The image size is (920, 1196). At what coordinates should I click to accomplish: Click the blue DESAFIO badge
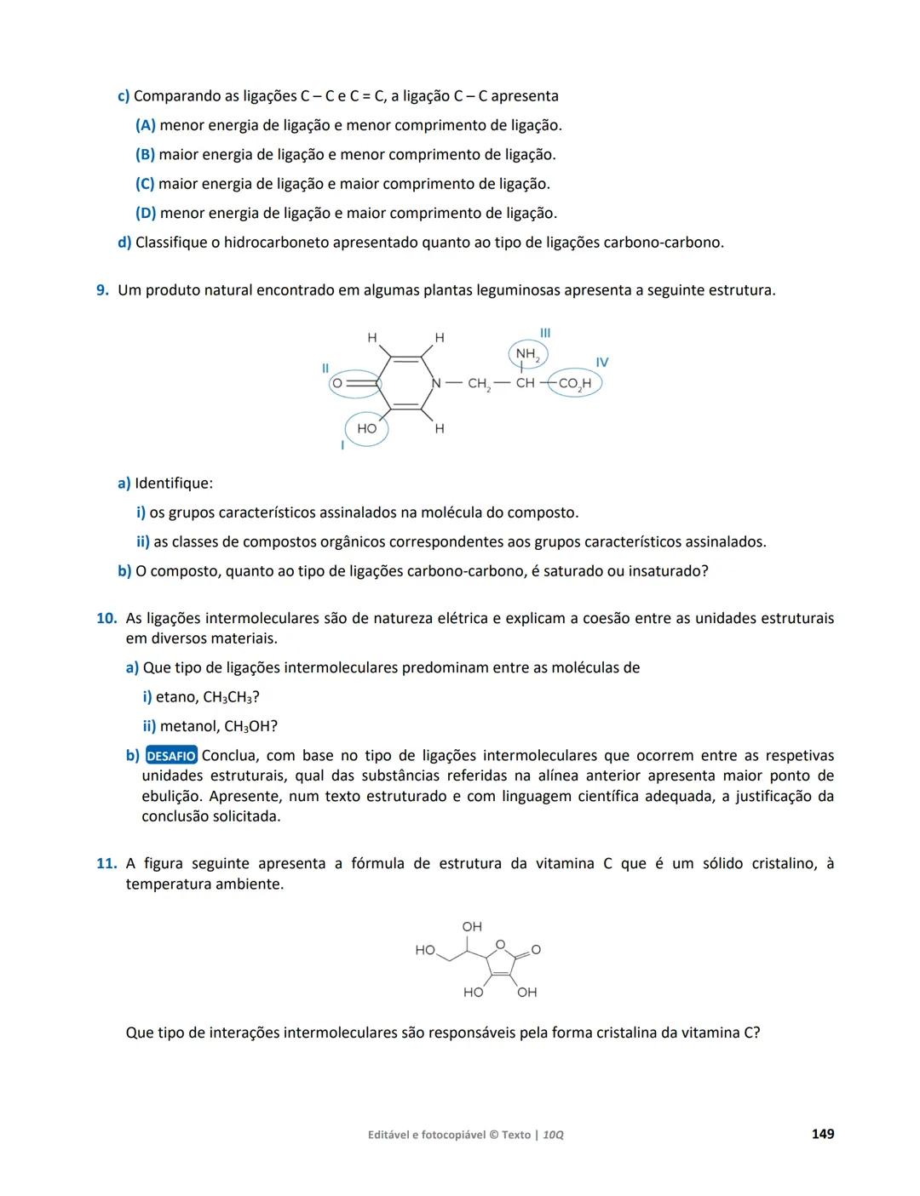tap(171, 756)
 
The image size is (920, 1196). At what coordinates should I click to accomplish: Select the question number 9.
tap(102, 290)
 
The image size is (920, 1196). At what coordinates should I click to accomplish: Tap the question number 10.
tap(106, 619)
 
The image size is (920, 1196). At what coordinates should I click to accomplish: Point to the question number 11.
tap(106, 864)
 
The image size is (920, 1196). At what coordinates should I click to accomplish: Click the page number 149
tap(822, 1134)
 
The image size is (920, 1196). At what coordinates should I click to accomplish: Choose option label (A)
tap(146, 125)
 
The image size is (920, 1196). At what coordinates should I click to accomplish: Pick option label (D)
tap(146, 213)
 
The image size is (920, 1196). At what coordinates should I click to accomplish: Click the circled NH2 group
tap(527, 354)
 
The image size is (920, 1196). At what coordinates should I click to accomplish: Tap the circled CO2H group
tap(575, 384)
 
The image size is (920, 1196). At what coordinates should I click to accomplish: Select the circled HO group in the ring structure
tap(366, 429)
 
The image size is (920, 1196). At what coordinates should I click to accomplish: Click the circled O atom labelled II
tap(337, 384)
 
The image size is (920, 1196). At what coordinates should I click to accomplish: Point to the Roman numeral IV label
tap(602, 363)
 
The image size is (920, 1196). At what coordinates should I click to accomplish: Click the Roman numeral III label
tap(545, 333)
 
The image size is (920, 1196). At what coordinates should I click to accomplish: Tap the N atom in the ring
tap(436, 384)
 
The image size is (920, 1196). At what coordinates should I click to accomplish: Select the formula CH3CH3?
tap(231, 697)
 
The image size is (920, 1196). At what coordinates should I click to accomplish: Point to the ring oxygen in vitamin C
tap(500, 943)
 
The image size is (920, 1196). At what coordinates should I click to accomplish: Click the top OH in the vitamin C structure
tap(472, 926)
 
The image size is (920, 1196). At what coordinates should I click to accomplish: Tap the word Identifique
tap(174, 484)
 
